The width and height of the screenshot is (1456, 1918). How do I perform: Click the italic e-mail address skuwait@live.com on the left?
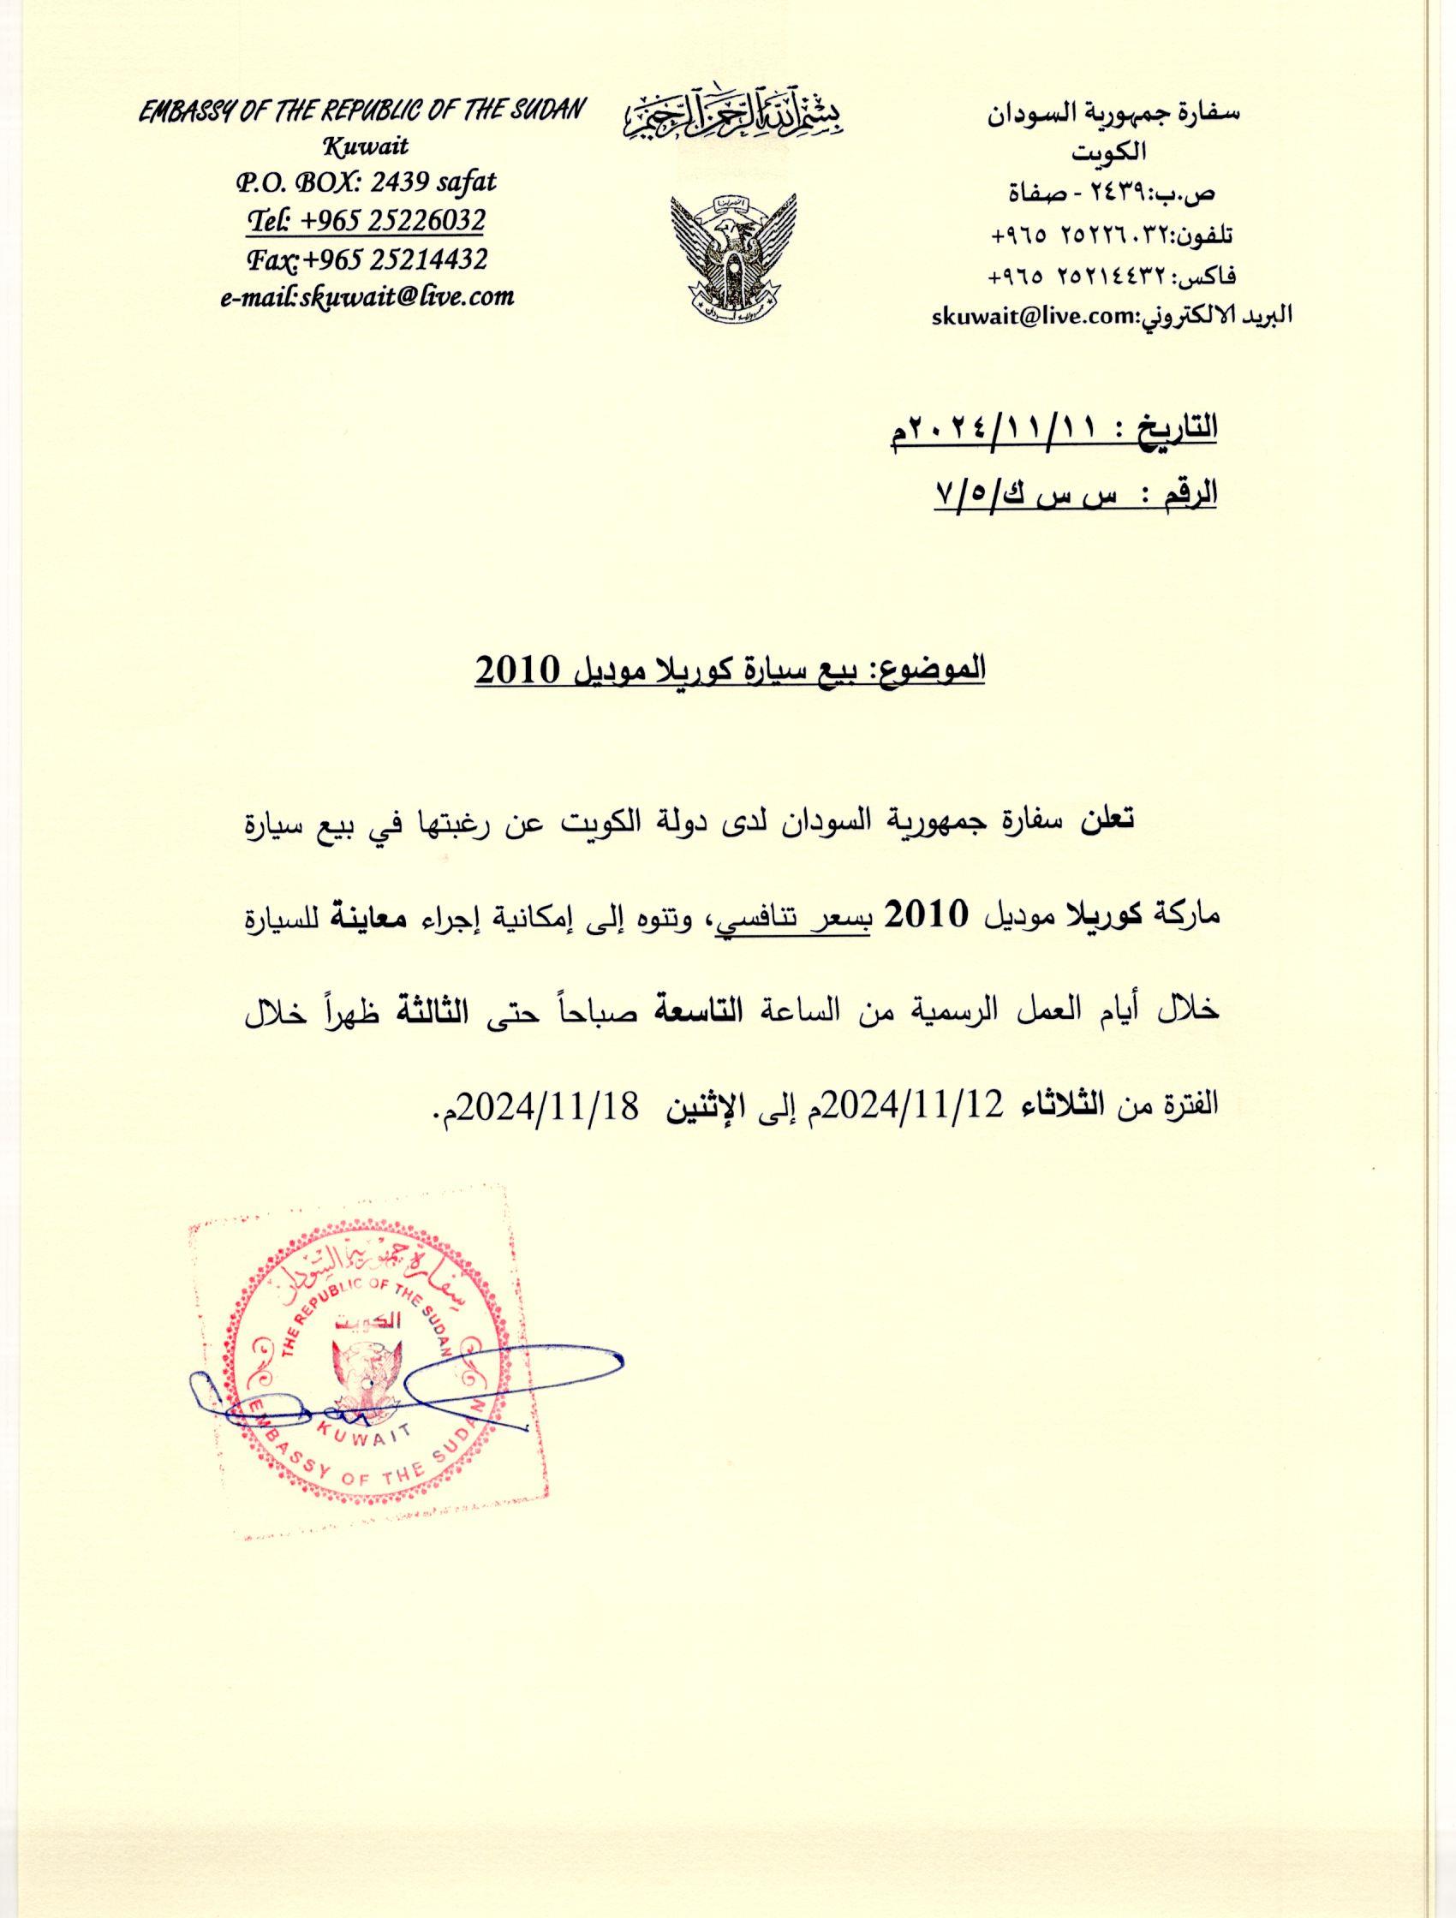[367, 296]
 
